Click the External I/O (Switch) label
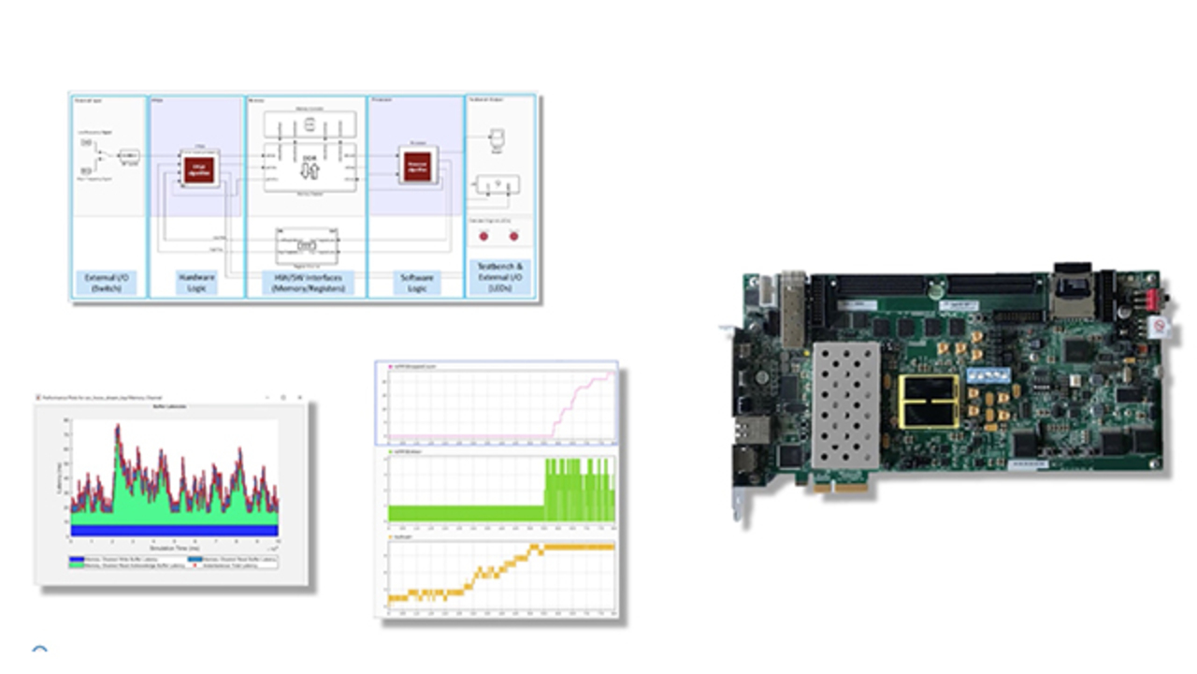pos(108,282)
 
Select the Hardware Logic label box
pos(196,282)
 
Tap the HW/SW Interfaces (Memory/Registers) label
pos(307,282)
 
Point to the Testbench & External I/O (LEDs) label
pos(499,277)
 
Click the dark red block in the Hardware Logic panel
pos(198,169)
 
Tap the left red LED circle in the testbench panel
pos(484,235)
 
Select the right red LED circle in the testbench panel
pos(512,235)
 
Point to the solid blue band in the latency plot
pos(174,530)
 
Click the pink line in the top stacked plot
pos(580,393)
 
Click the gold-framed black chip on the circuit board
pos(929,402)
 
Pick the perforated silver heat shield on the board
pos(844,404)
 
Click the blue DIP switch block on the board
pos(990,374)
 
